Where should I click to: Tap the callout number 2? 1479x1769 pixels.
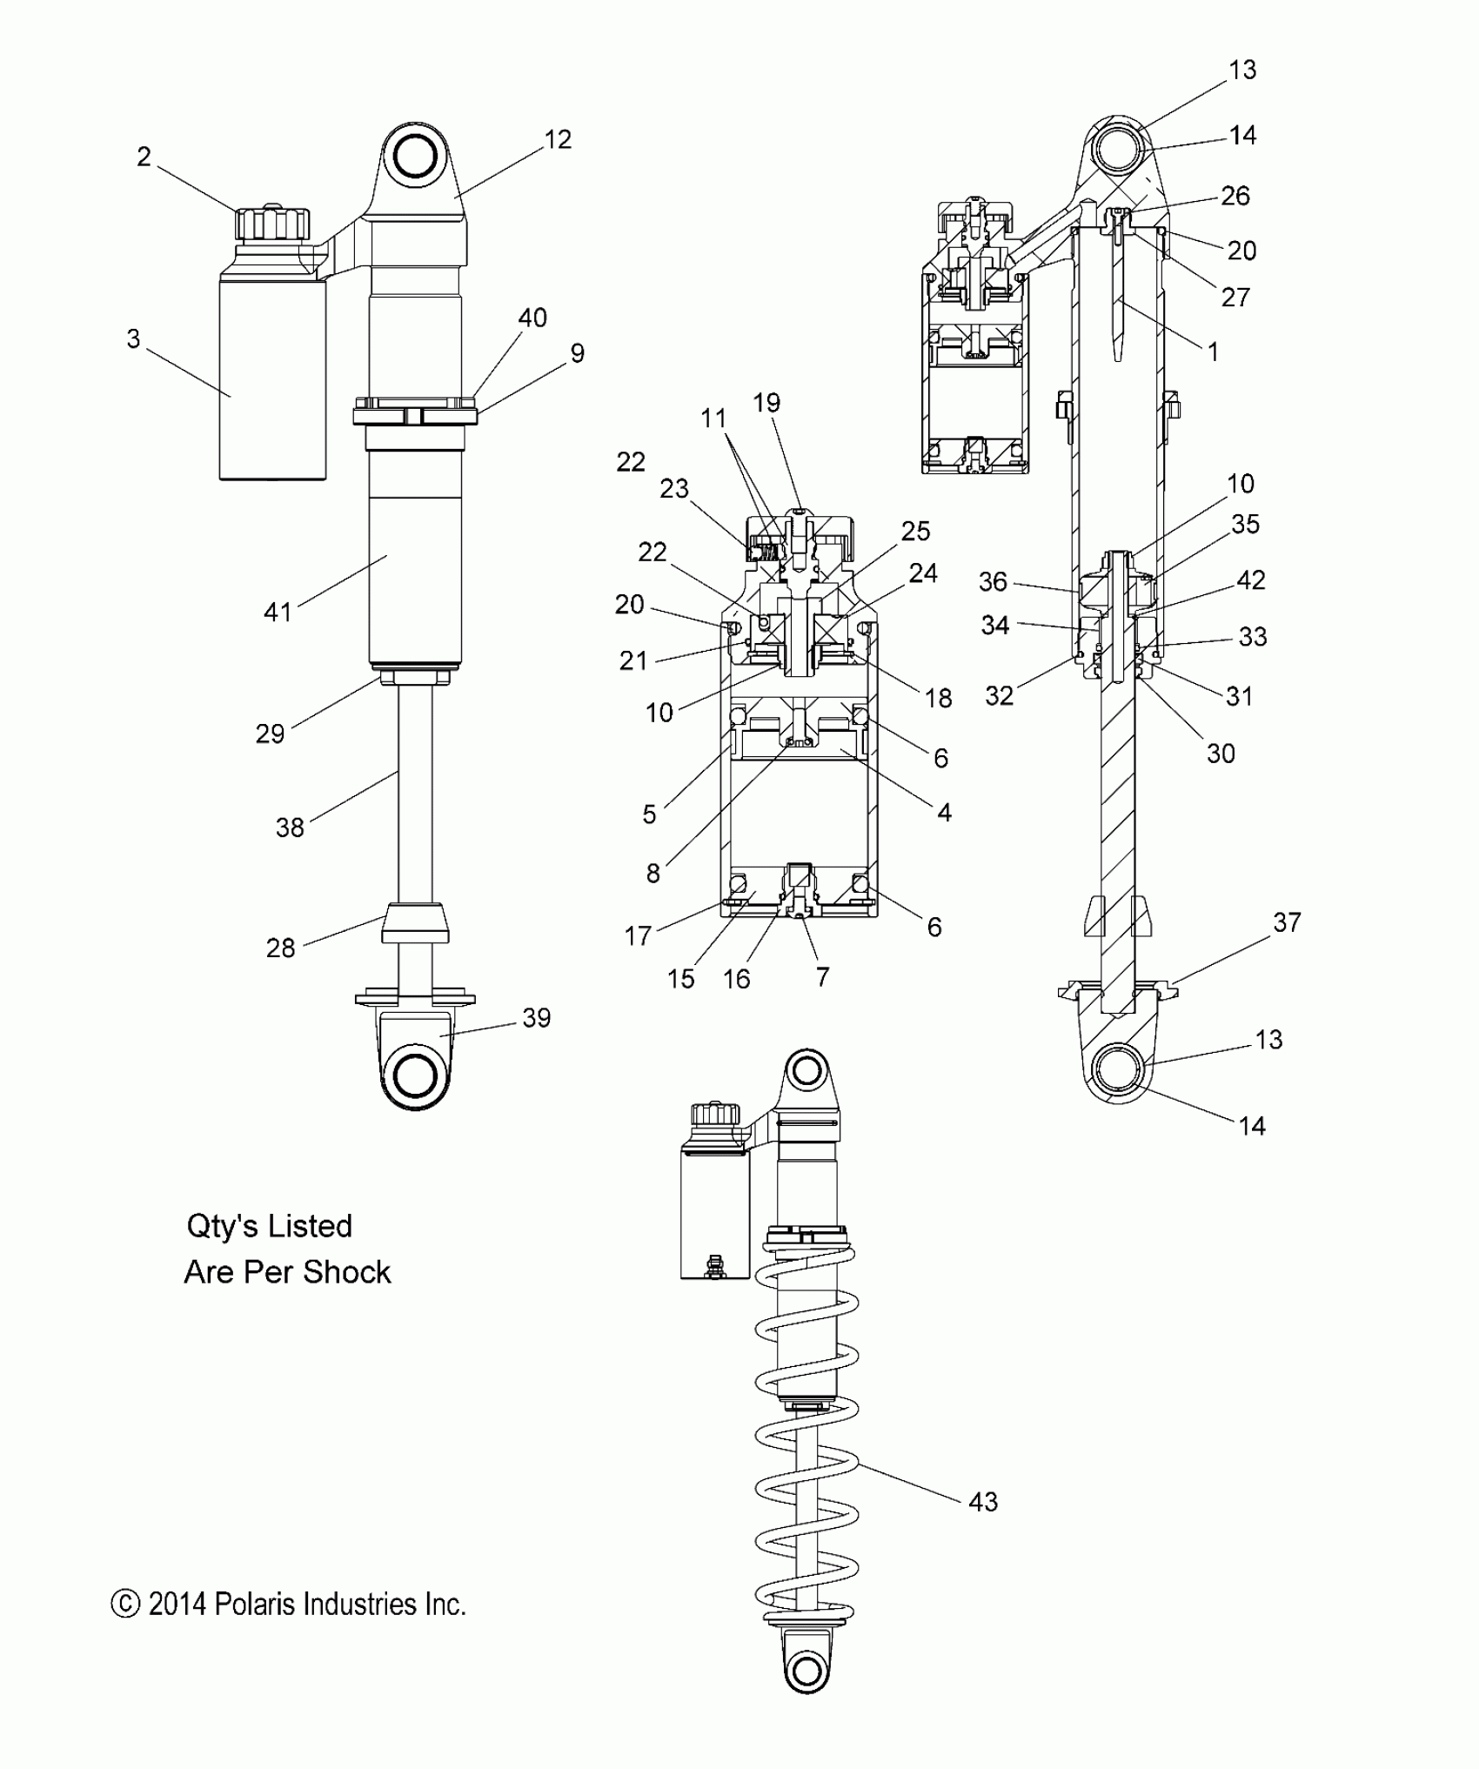(144, 157)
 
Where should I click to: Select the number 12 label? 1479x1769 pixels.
(558, 139)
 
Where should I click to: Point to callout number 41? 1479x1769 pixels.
(278, 612)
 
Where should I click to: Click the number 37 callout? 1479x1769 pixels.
(1287, 922)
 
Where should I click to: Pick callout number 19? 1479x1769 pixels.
(766, 403)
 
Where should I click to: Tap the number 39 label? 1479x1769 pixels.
(537, 1017)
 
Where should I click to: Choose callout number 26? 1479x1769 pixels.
(1235, 196)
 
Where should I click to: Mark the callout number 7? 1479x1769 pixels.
(822, 977)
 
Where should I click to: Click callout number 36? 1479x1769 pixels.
(993, 581)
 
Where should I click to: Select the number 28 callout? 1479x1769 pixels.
(280, 948)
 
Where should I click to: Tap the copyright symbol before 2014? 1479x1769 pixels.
(126, 1605)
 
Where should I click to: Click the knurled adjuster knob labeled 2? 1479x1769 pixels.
(273, 224)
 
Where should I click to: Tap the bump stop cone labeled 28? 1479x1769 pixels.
(415, 923)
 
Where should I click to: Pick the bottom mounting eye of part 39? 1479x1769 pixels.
(414, 1076)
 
